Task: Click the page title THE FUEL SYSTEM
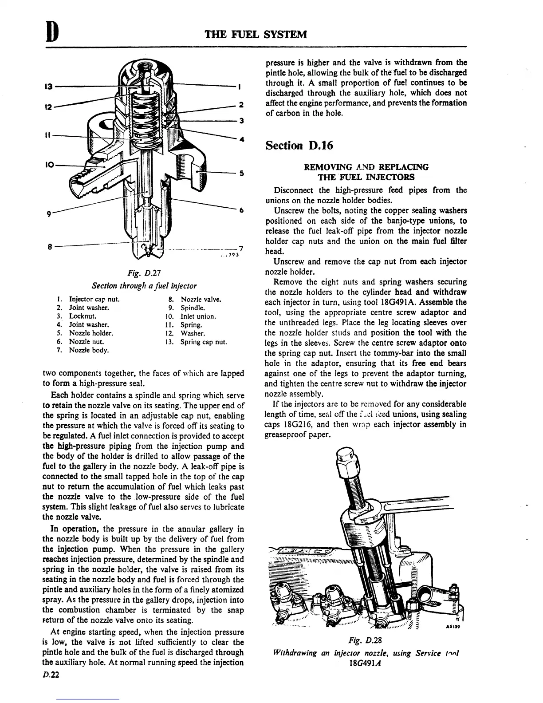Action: click(256, 35)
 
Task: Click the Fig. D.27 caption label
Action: click(144, 272)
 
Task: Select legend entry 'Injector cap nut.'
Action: click(94, 300)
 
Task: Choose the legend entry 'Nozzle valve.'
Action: click(201, 300)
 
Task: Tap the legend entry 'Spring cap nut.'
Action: click(203, 342)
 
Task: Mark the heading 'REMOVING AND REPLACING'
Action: click(366, 167)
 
